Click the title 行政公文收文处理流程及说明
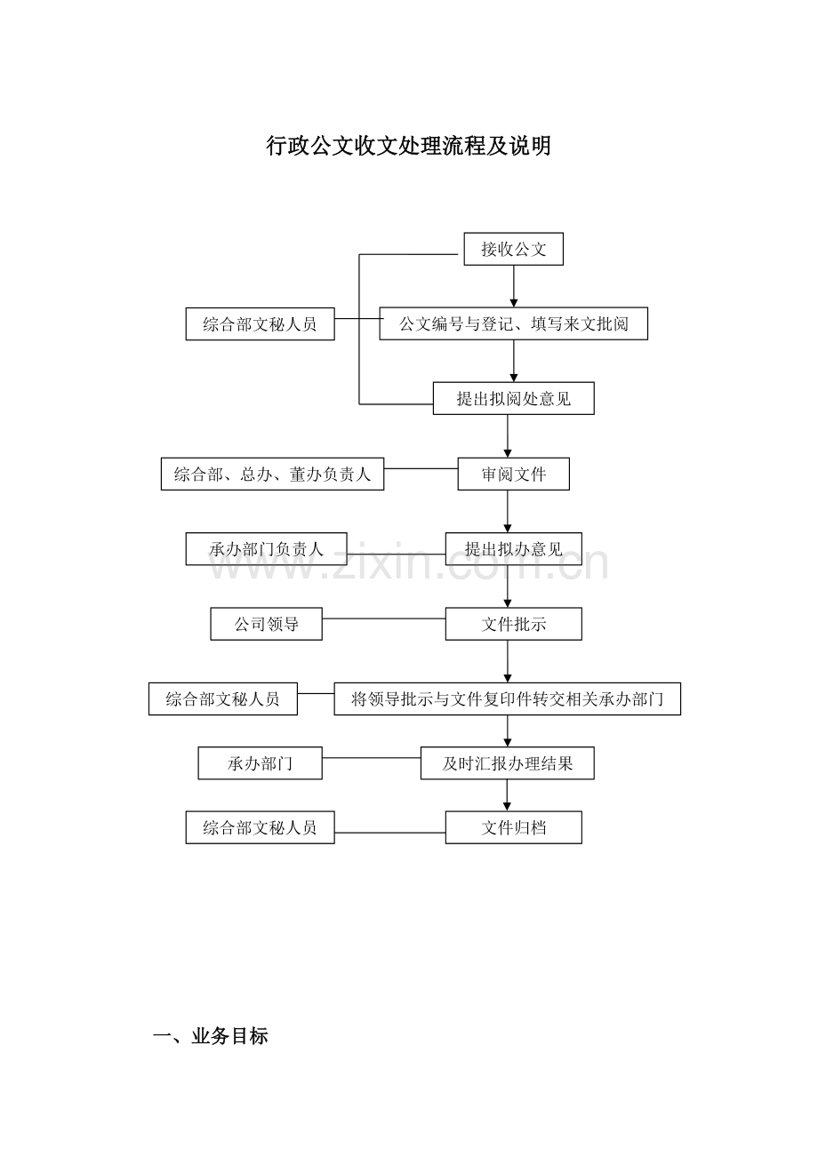408,146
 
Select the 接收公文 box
513,249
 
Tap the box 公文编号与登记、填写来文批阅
513,323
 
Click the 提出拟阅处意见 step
513,398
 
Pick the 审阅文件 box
513,474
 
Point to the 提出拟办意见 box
513,548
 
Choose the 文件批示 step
513,624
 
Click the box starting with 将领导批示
507,698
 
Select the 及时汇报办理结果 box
507,763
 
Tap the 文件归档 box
513,827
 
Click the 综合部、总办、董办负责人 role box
272,474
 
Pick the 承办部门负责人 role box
266,548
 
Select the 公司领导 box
266,624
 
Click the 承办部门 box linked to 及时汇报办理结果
260,763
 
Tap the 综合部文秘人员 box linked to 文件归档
260,827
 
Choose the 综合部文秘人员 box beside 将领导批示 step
222,698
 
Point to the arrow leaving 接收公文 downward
513,286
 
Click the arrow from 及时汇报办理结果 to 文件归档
507,795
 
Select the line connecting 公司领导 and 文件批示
383,618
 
